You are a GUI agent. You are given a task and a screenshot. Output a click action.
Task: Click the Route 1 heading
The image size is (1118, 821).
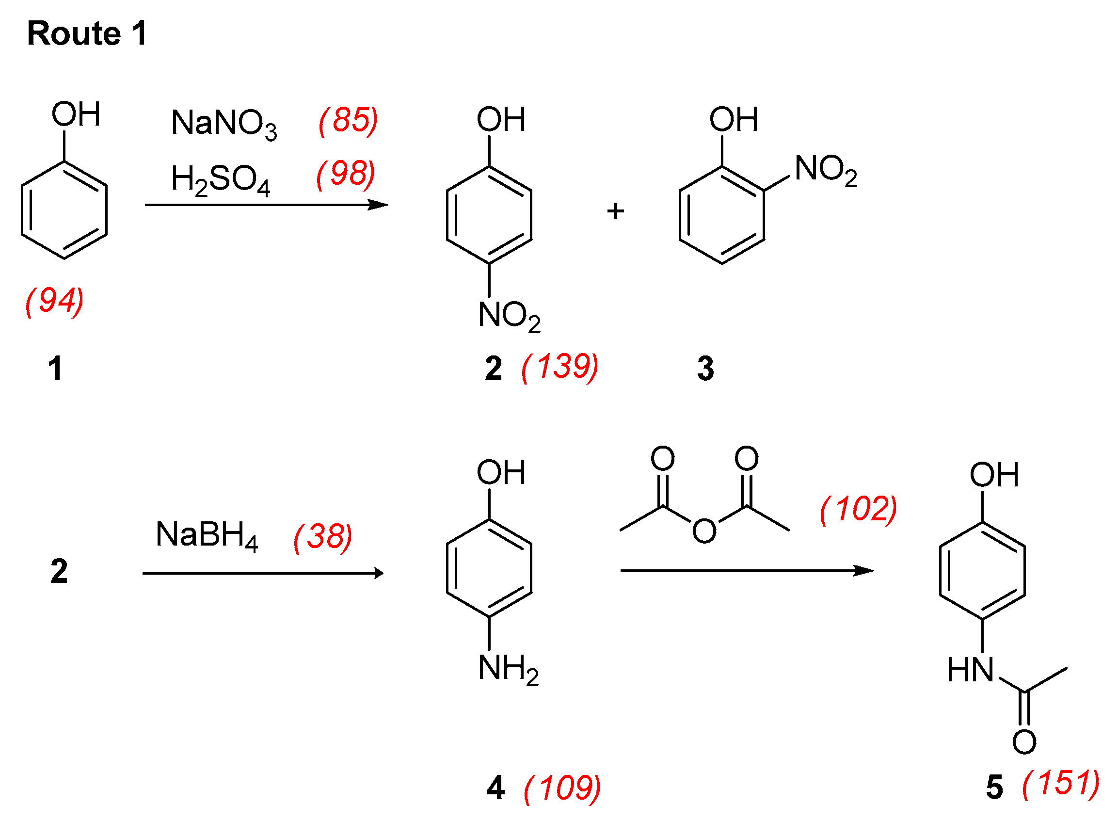tap(87, 34)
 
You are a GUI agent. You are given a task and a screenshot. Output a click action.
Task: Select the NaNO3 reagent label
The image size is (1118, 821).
tap(224, 123)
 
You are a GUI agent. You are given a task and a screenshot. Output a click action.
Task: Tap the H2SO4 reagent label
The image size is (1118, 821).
tap(220, 179)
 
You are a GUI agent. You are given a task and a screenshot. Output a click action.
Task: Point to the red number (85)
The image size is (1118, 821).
tap(348, 120)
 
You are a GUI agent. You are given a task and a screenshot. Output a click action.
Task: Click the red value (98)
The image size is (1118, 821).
tap(346, 175)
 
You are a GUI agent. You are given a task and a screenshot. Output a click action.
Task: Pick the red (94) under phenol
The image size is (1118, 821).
tap(55, 301)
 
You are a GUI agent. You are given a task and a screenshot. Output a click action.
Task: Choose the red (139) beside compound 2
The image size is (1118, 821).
tap(560, 367)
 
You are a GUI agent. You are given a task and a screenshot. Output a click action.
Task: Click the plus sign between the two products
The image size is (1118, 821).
tap(616, 211)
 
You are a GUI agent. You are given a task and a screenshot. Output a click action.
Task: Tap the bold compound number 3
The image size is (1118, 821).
tap(705, 369)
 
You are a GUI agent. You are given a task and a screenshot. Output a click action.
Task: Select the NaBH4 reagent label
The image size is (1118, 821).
tap(207, 536)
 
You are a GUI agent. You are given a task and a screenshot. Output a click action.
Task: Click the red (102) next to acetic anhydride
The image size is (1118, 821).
tap(859, 509)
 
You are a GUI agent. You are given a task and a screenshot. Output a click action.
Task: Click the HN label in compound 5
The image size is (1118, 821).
tap(970, 670)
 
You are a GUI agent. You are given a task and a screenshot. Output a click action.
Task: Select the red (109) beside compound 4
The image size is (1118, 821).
tap(562, 788)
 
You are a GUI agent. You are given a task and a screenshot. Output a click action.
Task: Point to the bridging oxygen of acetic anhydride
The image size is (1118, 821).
tap(704, 531)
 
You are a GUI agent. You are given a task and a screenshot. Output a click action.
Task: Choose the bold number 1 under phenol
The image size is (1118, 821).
tap(55, 369)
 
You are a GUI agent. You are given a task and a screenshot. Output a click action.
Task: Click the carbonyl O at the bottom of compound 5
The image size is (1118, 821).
tap(1024, 742)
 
